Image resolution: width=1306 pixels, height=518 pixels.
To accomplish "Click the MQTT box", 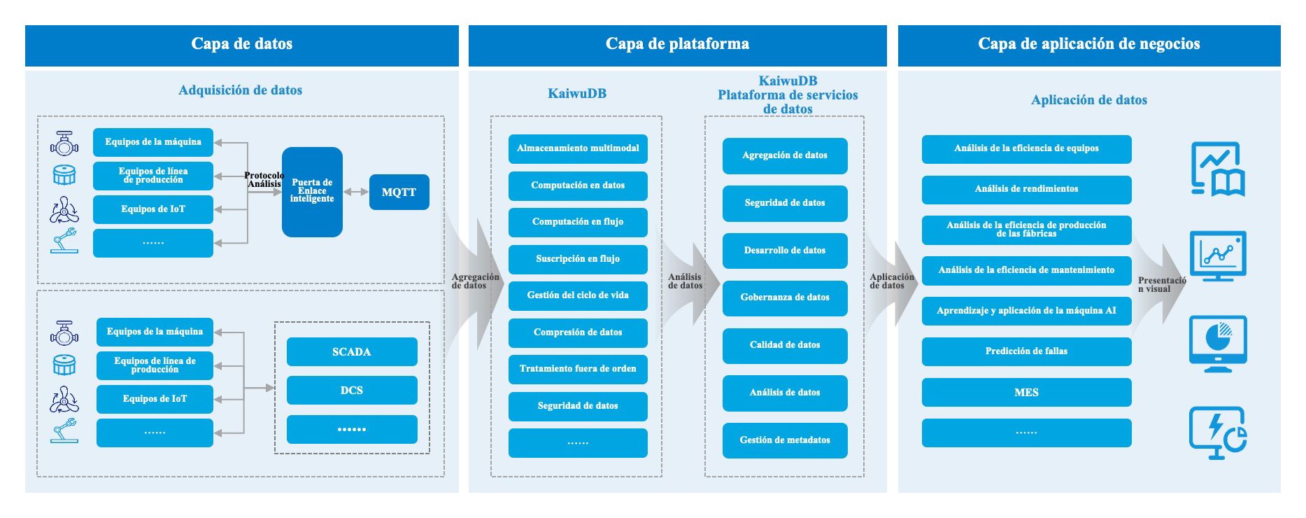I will [x=399, y=192].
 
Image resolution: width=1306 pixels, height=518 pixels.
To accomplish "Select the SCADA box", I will [x=352, y=351].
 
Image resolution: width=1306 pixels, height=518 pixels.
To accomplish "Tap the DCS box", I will [x=352, y=390].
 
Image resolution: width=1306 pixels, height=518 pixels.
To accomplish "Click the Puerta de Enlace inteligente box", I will [x=312, y=191].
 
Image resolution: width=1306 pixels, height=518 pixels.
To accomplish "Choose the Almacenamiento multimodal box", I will [x=578, y=148].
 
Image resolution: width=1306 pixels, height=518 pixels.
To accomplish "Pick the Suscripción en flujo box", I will [x=578, y=259].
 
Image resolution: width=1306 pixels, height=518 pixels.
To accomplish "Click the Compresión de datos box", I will [x=578, y=332].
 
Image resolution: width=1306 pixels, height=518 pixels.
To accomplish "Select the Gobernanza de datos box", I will [x=785, y=297].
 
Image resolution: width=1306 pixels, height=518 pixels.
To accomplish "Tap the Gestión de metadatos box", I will [x=785, y=440].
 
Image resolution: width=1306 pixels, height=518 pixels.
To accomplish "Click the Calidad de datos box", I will [x=785, y=345].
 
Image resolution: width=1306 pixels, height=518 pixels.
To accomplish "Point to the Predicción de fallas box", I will [x=1026, y=351].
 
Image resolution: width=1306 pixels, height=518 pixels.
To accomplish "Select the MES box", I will [x=1026, y=392].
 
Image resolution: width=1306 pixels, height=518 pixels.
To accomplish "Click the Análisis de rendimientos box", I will [x=1026, y=189].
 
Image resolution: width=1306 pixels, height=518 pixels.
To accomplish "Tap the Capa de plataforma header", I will [x=677, y=44].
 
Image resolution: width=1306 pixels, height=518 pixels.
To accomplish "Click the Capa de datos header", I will [x=242, y=44].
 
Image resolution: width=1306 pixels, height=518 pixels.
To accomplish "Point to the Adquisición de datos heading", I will [x=241, y=90].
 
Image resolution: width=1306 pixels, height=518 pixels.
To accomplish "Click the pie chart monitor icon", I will [x=1218, y=343].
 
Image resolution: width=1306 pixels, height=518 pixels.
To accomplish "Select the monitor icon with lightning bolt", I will [x=1218, y=433].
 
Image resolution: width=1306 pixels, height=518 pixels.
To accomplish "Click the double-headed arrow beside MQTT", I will [x=356, y=192].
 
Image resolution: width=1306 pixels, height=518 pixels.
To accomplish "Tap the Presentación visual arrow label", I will [x=1161, y=284].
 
